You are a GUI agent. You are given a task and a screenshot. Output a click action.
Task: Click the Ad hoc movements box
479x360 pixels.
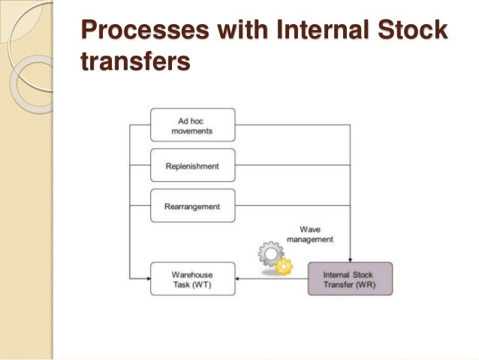point(192,125)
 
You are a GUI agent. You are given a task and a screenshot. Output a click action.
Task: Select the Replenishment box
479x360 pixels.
point(192,165)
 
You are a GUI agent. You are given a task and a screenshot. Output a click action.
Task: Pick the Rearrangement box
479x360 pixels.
point(192,206)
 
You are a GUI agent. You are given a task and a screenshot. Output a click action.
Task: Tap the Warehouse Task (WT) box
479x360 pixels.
point(192,279)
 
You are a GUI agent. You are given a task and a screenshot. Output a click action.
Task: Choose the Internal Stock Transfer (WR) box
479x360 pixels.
point(351,279)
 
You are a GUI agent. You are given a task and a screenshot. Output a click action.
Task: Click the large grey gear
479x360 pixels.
point(270,255)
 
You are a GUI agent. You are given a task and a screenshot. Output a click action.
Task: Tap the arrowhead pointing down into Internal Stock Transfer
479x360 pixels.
point(351,259)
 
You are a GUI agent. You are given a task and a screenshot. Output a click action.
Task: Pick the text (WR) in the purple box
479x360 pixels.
point(368,284)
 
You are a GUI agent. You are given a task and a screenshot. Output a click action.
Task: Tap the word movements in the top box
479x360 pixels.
point(192,131)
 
